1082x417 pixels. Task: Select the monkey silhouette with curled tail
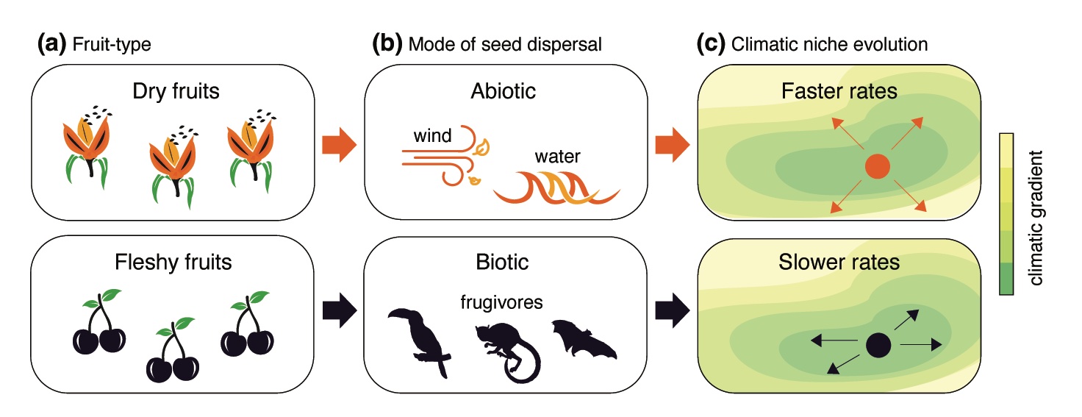click(x=507, y=350)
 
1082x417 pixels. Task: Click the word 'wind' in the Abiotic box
click(x=433, y=136)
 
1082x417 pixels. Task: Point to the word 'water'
click(x=558, y=157)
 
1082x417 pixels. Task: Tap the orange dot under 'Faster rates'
click(x=875, y=166)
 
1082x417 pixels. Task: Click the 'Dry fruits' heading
click(x=176, y=92)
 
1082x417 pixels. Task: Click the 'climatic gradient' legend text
click(x=1038, y=217)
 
